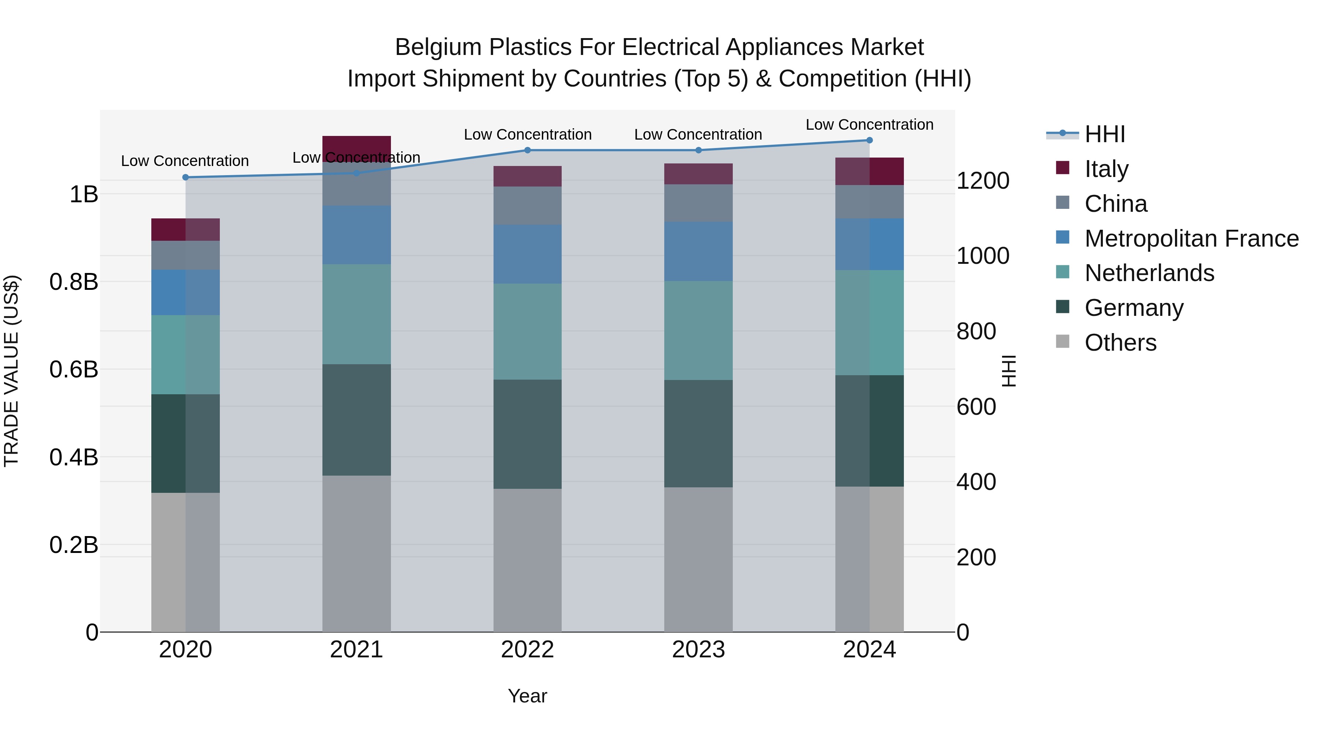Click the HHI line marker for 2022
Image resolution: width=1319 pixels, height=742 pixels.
(x=527, y=150)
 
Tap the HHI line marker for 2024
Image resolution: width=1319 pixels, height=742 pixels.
(x=869, y=140)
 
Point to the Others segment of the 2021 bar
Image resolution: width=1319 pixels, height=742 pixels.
(x=356, y=553)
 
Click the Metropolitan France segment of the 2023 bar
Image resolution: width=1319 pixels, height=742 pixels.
(x=698, y=251)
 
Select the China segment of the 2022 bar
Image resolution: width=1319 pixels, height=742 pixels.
(x=527, y=205)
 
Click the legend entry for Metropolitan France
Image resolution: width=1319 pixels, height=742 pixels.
(x=1191, y=239)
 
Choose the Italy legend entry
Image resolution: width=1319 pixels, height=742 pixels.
(x=1106, y=169)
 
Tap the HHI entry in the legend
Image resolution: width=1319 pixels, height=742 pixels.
(x=1104, y=134)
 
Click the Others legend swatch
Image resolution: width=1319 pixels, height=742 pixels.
(x=1063, y=342)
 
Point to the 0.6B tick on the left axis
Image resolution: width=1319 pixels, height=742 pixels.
(x=74, y=369)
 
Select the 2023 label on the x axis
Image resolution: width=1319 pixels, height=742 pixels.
(x=698, y=650)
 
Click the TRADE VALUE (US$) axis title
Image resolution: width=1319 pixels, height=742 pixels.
(x=11, y=371)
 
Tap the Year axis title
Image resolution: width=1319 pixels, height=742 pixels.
(x=527, y=696)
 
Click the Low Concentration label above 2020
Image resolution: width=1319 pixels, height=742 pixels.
(x=185, y=161)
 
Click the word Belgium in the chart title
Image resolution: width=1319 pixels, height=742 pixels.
(x=438, y=47)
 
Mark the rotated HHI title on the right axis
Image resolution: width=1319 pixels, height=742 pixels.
(x=1008, y=371)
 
